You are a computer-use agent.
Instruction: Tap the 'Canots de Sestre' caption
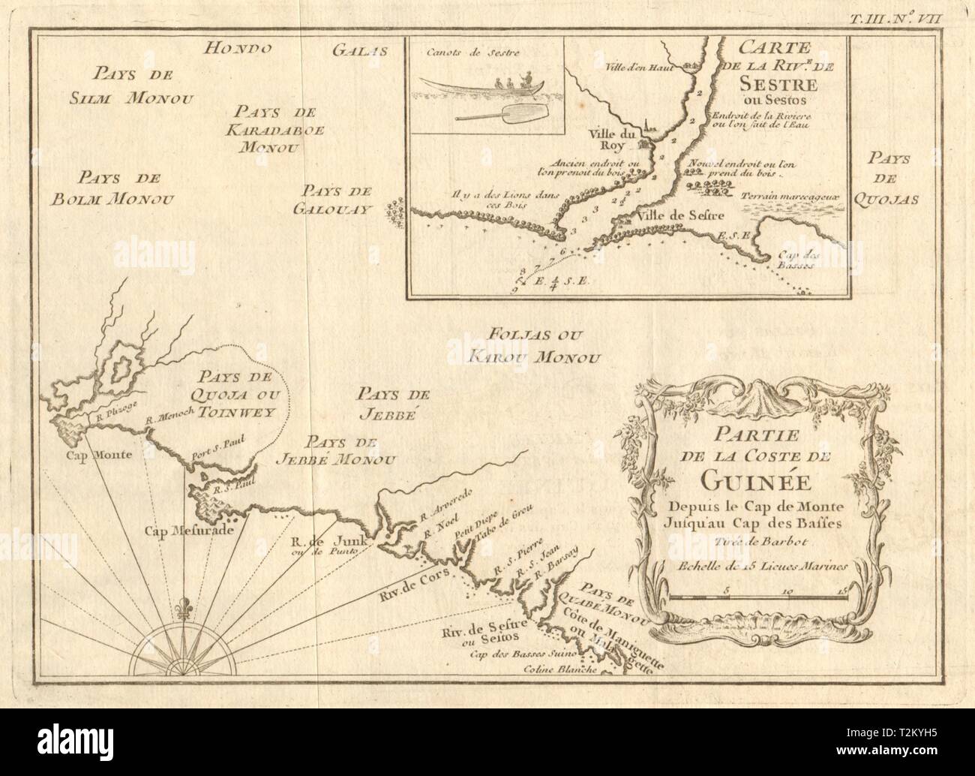(460, 52)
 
